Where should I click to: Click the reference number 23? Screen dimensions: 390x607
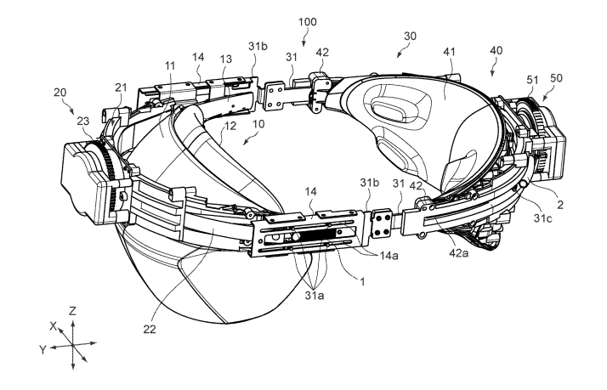coord(83,122)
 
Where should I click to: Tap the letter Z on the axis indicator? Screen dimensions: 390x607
coord(74,311)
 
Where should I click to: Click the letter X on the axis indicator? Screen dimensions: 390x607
coord(53,325)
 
